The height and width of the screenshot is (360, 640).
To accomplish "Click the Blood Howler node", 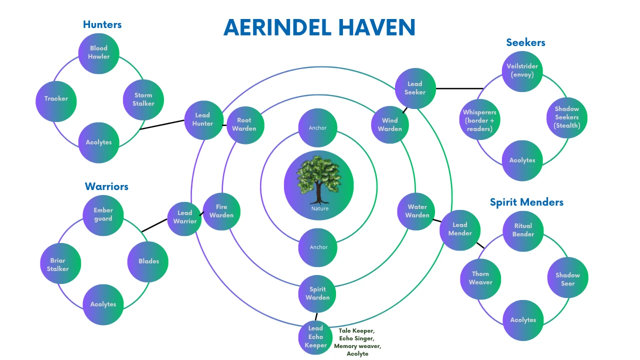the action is point(98,53).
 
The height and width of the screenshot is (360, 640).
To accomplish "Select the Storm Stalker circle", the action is point(143,99).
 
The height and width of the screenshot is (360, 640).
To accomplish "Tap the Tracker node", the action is point(56,101).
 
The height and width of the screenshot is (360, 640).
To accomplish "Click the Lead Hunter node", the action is point(203,120).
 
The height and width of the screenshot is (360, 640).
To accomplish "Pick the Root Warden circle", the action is point(245,125).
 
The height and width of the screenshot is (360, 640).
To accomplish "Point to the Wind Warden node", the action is point(390,125).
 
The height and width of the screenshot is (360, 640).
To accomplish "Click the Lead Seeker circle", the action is point(415,88).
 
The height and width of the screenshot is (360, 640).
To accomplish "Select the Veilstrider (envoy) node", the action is point(522,71).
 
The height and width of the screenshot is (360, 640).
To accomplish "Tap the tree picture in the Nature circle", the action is point(318,179).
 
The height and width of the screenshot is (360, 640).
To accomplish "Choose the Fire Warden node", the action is point(221,211).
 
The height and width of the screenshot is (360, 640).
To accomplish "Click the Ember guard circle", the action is point(103,215).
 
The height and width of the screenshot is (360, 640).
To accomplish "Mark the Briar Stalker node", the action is point(60,263).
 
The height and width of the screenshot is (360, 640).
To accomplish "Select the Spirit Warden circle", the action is point(317,293).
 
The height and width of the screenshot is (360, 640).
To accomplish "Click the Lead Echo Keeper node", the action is point(315,337).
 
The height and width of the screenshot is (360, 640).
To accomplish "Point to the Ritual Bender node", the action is point(523,231).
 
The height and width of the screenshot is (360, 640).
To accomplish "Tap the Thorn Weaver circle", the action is point(480,279).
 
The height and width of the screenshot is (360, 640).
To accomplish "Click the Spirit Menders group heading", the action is point(526,202).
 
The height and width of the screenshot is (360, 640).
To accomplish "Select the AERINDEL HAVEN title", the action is point(319,27).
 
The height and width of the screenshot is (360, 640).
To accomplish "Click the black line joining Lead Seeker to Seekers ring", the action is point(459,88).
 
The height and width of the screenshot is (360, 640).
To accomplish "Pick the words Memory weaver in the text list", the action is point(357,346).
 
